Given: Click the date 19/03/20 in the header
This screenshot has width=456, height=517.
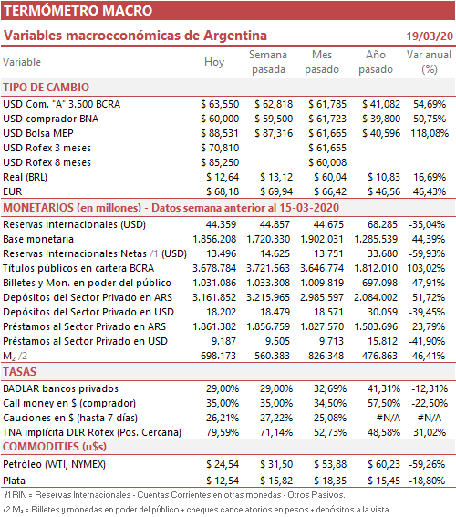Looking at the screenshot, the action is coord(430,36).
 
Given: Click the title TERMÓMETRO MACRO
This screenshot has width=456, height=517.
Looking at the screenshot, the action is coord(78,11).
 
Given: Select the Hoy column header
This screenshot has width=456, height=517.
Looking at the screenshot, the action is coord(214,62).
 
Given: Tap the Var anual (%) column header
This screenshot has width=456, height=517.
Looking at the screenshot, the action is coord(429,62).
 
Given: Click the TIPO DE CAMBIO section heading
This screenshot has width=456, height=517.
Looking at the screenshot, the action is coord(47,88).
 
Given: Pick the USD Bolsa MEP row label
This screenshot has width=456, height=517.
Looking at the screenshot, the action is coord(38,133).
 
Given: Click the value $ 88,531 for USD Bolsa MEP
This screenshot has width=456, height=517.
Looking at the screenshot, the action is coord(220,133).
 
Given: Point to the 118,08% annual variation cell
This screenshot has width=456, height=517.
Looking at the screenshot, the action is coord(430,133).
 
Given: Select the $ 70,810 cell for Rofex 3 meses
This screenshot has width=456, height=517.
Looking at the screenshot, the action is coord(220,148).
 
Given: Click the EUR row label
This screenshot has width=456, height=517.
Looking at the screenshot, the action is coord(13,191).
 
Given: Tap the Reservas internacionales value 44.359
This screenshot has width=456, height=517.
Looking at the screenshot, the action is coord(222,224).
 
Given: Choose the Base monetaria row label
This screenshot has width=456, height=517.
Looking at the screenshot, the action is coord(38,239).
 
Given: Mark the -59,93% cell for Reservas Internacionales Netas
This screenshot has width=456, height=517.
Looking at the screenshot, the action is coord(427,253).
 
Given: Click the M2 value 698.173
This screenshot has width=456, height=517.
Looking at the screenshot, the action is coord(219,356).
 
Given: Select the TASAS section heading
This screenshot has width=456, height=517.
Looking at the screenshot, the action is coord(19,372).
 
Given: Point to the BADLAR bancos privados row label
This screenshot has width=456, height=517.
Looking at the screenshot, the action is coord(61,388).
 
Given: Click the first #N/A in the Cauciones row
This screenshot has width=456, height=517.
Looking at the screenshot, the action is coord(389,418).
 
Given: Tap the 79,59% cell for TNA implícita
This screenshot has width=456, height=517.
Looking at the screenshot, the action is coord(223,432).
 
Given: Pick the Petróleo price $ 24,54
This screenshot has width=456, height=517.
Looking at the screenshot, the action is coord(223,464).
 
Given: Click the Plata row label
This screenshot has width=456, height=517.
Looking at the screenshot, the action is coord(15,481).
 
